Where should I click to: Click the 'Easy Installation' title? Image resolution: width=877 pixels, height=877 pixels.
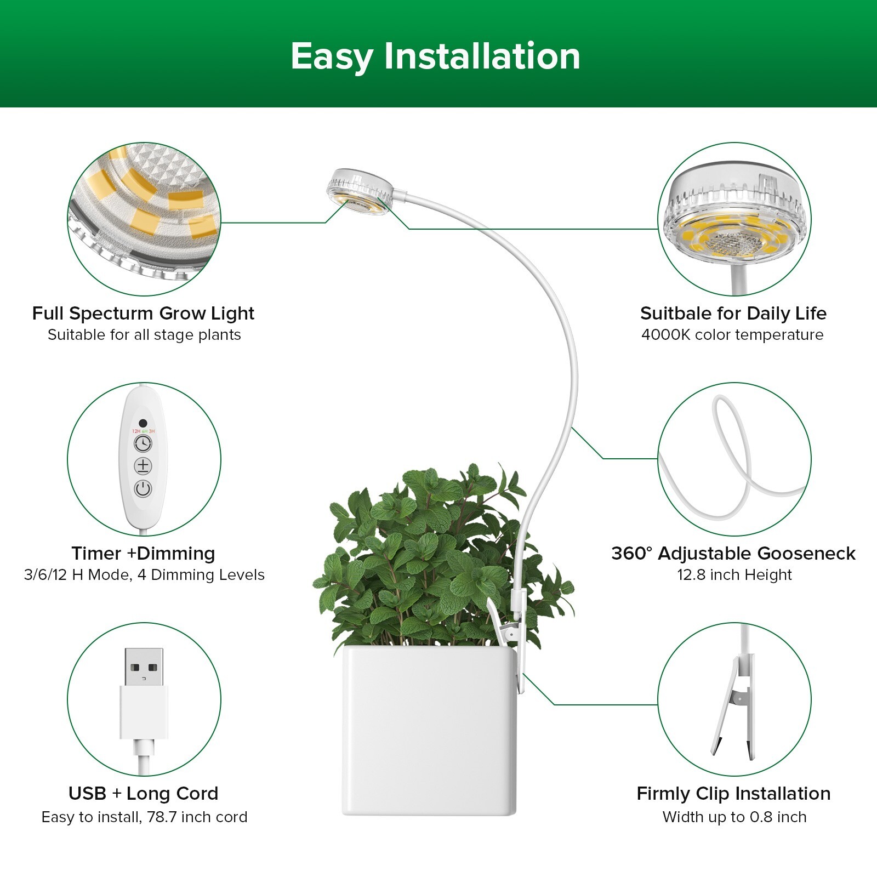(435, 56)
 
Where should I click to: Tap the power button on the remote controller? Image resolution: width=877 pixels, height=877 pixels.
(143, 488)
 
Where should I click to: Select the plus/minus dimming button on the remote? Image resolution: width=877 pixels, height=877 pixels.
(143, 466)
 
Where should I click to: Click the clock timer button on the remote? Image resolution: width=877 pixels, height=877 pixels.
(143, 443)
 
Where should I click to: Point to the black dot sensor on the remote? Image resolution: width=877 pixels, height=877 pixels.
(143, 423)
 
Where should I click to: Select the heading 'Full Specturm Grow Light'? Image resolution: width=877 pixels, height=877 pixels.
(143, 313)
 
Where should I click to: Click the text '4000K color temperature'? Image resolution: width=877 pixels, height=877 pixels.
(732, 335)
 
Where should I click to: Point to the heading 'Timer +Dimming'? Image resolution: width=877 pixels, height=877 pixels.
(143, 553)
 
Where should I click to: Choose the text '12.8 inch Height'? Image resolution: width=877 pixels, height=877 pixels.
(734, 575)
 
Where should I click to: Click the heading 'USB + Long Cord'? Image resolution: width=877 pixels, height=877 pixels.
(143, 793)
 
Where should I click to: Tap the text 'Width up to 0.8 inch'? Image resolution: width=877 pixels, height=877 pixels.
(734, 817)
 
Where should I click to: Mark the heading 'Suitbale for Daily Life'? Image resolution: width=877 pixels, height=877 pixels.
(733, 313)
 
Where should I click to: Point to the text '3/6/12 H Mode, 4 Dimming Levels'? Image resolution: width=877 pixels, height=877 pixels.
(144, 575)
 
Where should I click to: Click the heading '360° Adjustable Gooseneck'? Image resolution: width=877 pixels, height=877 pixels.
(733, 553)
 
